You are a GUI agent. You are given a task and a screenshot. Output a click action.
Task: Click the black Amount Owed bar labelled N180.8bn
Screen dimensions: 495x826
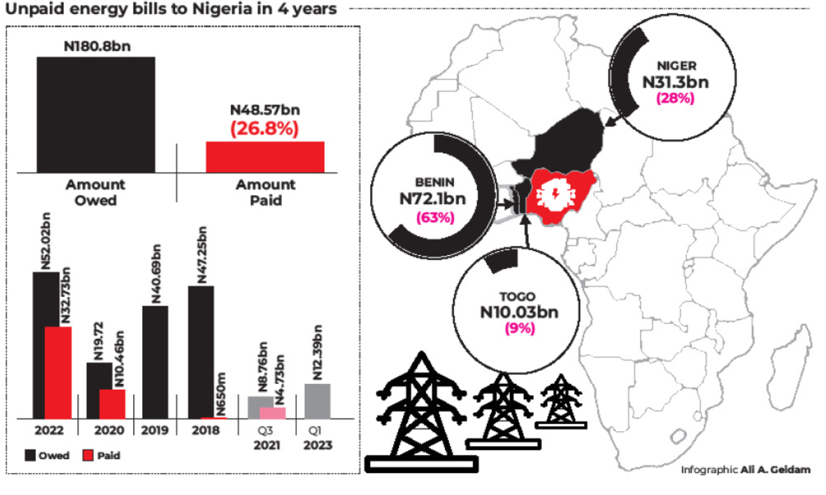pyautogui.click(x=96, y=115)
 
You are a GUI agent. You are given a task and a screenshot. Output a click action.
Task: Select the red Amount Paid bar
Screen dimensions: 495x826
pyautogui.click(x=265, y=157)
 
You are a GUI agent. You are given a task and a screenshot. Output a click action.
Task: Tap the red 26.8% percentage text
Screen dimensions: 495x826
pyautogui.click(x=264, y=128)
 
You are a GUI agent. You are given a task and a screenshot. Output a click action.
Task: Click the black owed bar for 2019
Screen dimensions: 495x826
pyautogui.click(x=155, y=362)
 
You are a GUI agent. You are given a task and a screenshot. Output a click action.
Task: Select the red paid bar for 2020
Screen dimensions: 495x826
pyautogui.click(x=113, y=404)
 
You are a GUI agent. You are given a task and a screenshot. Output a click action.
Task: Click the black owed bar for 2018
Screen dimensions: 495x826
pyautogui.click(x=201, y=352)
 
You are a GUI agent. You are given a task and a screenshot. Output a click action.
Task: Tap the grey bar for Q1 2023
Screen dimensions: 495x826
pyautogui.click(x=318, y=401)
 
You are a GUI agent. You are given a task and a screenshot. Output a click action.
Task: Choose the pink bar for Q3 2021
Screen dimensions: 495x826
pyautogui.click(x=273, y=413)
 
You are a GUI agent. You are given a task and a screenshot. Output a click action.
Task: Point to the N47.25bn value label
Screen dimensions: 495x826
pyautogui.click(x=202, y=255)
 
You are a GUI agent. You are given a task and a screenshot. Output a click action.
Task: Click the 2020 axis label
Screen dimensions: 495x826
pyautogui.click(x=109, y=431)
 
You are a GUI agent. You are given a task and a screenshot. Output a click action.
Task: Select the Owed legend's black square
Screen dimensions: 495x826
pyautogui.click(x=30, y=455)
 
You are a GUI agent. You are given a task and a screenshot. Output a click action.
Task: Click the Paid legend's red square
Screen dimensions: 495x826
pyautogui.click(x=88, y=455)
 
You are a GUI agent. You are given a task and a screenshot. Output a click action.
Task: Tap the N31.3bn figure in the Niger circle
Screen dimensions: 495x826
pyautogui.click(x=675, y=82)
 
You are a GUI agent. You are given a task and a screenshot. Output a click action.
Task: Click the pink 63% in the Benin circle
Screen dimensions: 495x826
pyautogui.click(x=435, y=218)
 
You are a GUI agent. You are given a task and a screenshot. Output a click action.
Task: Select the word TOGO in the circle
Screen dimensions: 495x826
pyautogui.click(x=517, y=297)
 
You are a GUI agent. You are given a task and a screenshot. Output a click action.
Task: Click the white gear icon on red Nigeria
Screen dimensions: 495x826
pyautogui.click(x=555, y=195)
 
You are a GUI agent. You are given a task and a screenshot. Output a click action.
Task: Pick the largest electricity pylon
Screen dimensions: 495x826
pyautogui.click(x=421, y=411)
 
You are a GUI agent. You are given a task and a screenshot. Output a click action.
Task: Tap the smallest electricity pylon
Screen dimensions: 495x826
pyautogui.click(x=561, y=401)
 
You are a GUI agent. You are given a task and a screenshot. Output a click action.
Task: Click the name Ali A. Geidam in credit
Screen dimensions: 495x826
pyautogui.click(x=775, y=470)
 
